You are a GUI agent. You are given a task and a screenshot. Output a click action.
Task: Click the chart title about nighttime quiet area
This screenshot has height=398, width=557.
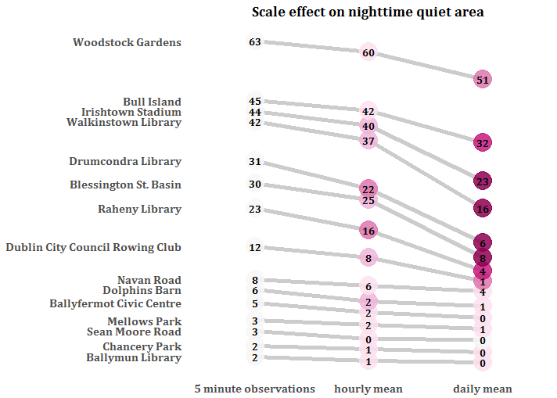pos(367,12)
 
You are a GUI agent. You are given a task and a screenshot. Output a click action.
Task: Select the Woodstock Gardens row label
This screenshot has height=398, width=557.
pos(127,42)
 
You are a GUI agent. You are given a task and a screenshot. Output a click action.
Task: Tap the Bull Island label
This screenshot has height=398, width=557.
pos(152,102)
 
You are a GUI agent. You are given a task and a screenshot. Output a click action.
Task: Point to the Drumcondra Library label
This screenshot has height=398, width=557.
pos(125,162)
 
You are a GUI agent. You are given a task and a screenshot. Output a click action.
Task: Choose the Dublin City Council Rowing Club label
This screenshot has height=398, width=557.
pos(93,247)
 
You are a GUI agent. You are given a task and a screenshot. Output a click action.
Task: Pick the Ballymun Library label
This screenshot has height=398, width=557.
pos(134,357)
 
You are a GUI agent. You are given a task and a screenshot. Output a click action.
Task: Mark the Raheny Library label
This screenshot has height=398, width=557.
pos(139,209)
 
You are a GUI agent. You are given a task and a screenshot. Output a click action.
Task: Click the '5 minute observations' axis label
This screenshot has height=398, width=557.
pos(254,389)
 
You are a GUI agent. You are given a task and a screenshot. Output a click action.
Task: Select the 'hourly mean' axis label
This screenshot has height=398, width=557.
pos(368,389)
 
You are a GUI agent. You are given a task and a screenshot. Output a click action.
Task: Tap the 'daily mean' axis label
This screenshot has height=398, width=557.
pos(483,389)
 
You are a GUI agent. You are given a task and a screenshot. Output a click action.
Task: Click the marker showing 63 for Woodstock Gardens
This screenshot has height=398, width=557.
pos(254,42)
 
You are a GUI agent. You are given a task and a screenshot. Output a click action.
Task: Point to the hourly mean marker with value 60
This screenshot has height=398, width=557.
pos(368,53)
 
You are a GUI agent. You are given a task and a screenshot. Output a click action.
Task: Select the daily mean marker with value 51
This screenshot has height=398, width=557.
pos(483,80)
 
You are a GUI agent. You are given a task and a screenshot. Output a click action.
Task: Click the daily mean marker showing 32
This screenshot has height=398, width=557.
pos(483,143)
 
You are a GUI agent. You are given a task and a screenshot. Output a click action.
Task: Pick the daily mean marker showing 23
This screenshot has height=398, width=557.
pos(483,181)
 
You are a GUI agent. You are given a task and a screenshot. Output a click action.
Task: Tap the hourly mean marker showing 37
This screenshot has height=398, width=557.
pos(368,141)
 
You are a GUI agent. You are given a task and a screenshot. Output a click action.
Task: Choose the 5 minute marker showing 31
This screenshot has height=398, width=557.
pos(254,162)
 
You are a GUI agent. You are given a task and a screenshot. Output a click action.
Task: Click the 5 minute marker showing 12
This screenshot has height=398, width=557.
pos(254,247)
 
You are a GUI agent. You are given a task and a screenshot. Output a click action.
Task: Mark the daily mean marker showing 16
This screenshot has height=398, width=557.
pos(483,209)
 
